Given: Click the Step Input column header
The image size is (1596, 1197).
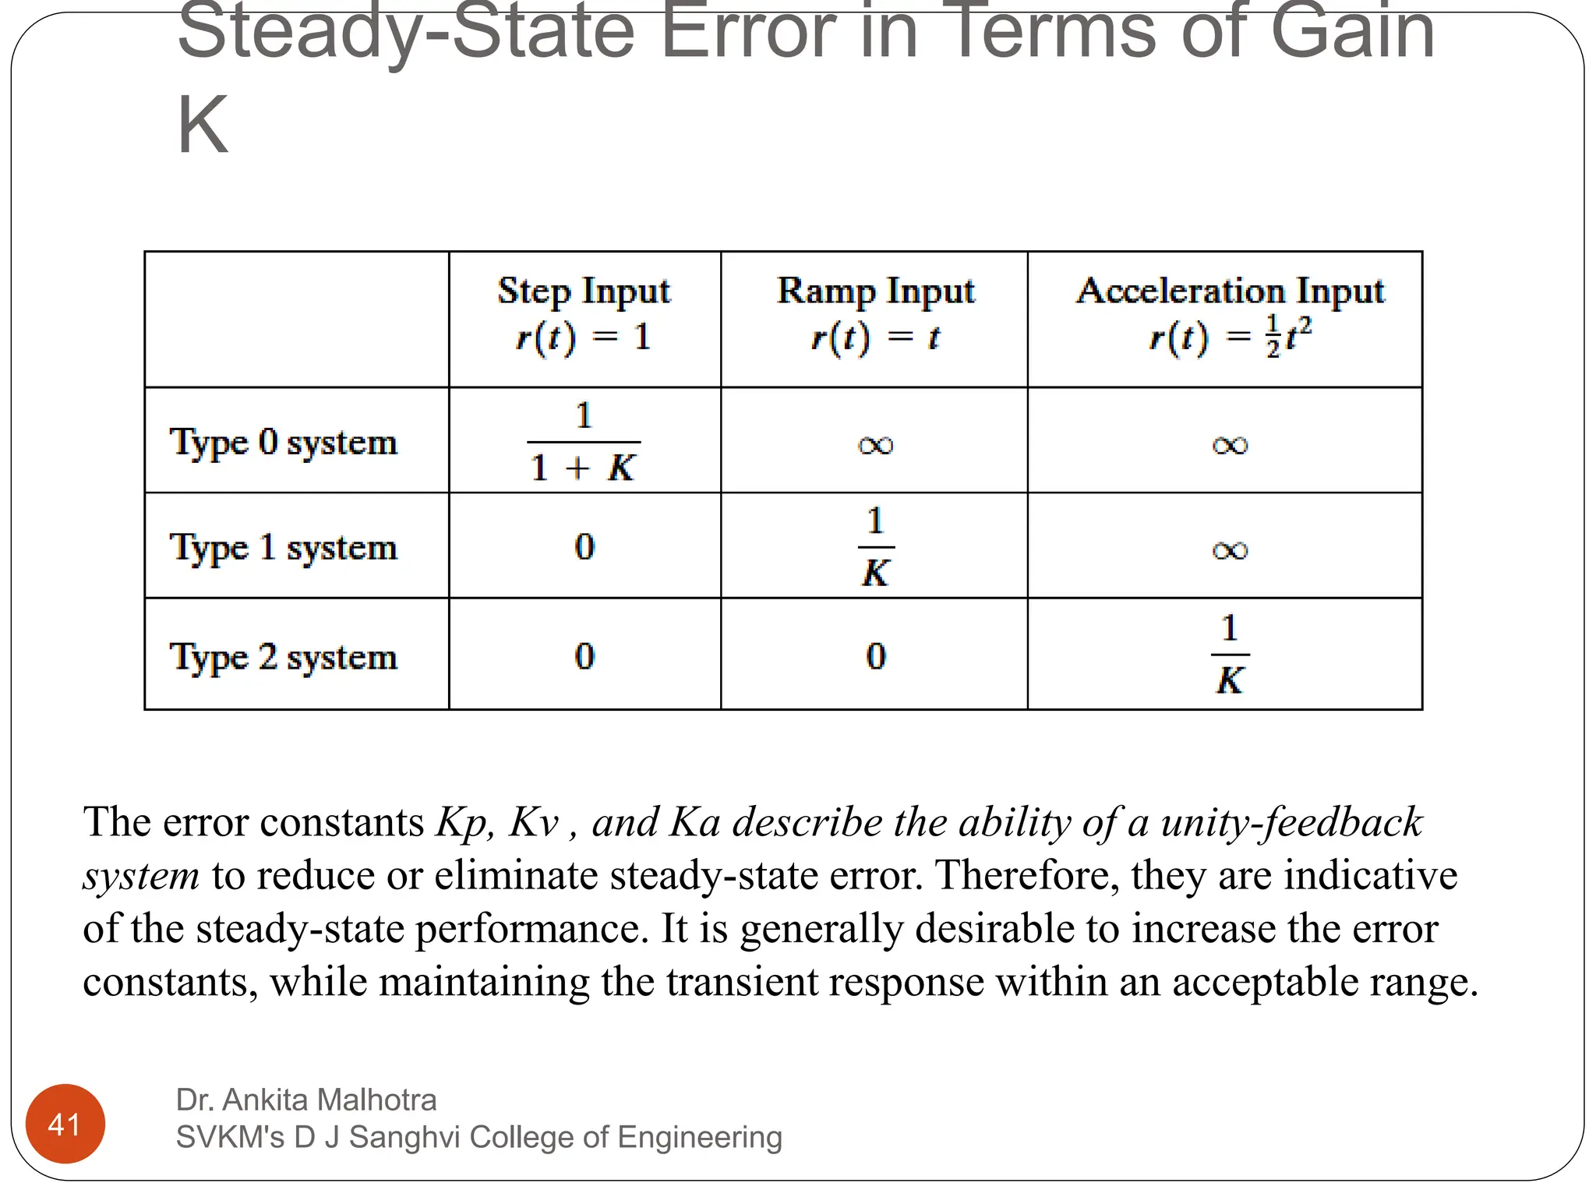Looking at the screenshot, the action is [x=584, y=314].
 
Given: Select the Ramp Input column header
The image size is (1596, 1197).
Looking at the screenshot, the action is [x=875, y=314].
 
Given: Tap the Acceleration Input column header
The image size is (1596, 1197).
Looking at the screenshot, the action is [x=1230, y=314].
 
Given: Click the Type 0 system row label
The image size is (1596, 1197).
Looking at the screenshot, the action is [x=284, y=443].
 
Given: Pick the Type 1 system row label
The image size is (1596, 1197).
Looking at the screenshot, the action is [x=284, y=547].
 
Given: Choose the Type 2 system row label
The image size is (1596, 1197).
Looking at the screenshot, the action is [x=284, y=657].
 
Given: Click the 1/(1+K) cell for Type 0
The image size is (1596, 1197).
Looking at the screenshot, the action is [x=584, y=442].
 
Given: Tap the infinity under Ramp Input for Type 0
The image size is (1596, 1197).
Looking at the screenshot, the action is [x=875, y=445].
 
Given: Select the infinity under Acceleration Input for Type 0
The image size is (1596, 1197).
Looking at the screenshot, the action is [x=1230, y=445].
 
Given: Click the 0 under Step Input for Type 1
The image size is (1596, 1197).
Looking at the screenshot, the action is [x=584, y=546].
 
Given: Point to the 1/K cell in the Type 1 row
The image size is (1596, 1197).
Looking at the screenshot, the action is [x=876, y=547].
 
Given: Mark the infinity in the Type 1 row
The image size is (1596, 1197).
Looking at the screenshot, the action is [x=1230, y=550].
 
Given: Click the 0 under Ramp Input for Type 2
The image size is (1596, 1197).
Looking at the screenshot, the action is [x=876, y=656].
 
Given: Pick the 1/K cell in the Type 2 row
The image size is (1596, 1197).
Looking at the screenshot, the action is [x=1230, y=655].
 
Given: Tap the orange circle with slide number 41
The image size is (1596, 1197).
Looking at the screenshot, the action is [x=65, y=1124].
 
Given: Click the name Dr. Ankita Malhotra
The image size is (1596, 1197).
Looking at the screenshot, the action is [x=306, y=1100].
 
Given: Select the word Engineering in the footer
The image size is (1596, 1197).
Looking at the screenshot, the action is [x=699, y=1138].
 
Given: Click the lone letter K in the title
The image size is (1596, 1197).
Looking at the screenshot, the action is [x=203, y=125].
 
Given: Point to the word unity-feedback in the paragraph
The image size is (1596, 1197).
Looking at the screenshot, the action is [x=1291, y=822].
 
